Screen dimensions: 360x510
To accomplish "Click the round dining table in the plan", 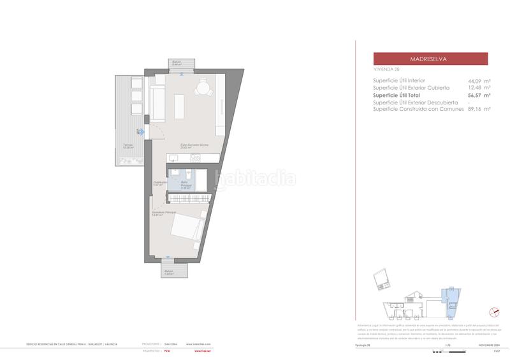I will (x=203, y=88).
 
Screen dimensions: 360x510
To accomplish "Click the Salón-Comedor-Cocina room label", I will (x=194, y=146).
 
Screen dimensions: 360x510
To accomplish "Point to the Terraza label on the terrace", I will (x=128, y=146).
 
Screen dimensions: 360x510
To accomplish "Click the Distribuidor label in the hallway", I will (x=160, y=183).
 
